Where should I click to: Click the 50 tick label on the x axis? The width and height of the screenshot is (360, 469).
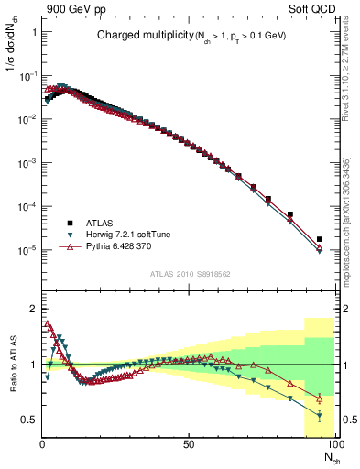click(x=189, y=446)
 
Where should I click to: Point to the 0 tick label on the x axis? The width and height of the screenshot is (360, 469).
click(x=42, y=446)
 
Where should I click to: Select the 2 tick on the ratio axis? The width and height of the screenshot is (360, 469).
click(x=32, y=308)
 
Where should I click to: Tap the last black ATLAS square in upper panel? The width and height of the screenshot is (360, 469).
click(x=319, y=239)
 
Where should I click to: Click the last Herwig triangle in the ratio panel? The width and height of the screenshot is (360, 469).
click(x=319, y=417)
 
